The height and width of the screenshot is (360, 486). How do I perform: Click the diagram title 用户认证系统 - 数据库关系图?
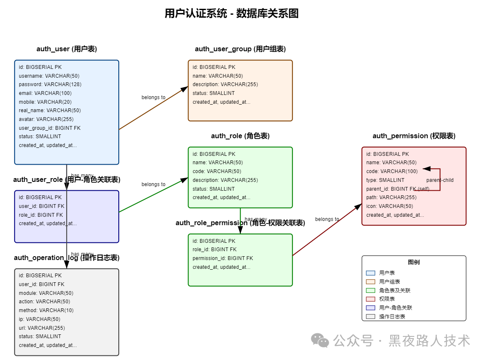pos(231,13)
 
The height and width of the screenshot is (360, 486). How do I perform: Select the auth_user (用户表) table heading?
pos(67,49)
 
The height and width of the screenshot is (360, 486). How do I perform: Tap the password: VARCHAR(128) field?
pos(50,84)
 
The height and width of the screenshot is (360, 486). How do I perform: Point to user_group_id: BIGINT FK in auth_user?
pos(50,128)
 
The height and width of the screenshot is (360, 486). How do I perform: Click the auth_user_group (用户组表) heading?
pos(240,49)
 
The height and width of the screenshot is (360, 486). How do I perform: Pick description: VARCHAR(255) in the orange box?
pos(225,84)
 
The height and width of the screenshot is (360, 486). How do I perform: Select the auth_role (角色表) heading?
pos(240,136)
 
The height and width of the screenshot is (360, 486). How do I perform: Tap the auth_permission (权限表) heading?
pos(414,136)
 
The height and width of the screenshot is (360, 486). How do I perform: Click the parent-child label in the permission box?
pos(440,180)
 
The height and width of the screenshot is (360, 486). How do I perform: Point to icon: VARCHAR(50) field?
pos(389,206)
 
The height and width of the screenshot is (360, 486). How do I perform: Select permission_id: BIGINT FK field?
pos(222,258)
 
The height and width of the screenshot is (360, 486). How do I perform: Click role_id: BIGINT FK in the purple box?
pos(42,215)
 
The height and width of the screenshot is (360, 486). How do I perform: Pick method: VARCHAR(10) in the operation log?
pos(46,310)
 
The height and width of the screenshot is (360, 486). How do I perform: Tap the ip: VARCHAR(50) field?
pos(39,319)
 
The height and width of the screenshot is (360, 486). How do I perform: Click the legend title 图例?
pos(414,263)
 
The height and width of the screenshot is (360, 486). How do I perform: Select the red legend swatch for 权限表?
pos(370,299)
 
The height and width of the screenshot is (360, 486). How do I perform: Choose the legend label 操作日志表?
pos(392,317)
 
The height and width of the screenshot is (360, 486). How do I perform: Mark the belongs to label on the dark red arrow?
pos(327,219)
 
